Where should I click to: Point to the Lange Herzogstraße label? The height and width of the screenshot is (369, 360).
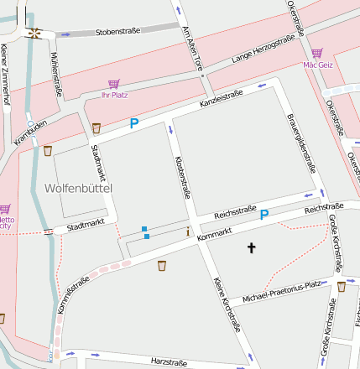point(263,50)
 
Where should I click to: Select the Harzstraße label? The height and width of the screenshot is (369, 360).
point(169,362)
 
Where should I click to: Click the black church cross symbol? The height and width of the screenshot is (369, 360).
point(251,247)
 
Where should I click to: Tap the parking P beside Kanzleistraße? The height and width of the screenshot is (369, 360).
point(133,124)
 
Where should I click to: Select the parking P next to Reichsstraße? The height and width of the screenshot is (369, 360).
point(263,215)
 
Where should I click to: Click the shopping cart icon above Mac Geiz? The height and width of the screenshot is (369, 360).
point(316,53)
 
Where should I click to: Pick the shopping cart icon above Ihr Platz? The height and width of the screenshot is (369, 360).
point(113,83)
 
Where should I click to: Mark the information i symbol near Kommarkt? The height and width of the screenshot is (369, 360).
point(189,231)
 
